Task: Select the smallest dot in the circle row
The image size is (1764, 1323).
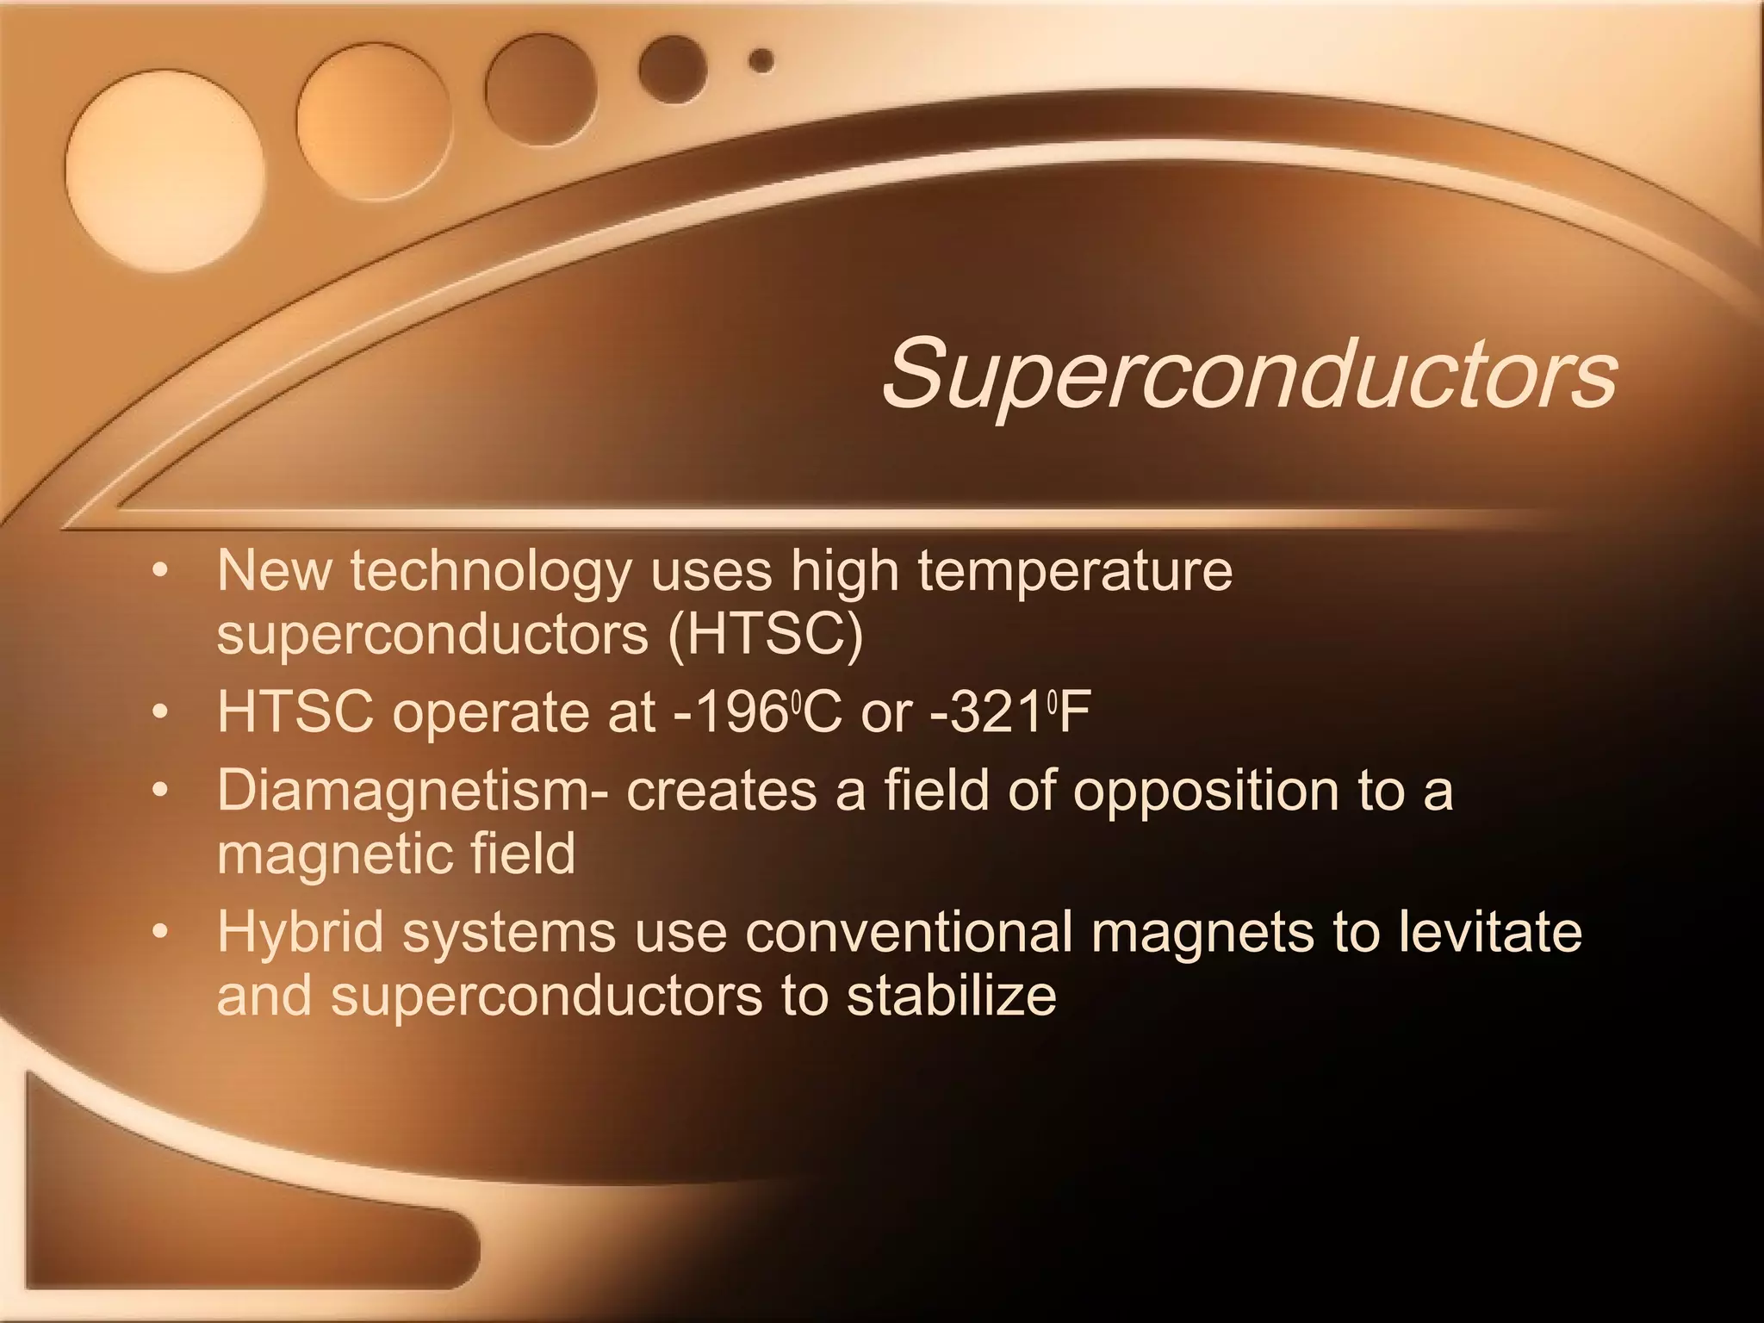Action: (761, 60)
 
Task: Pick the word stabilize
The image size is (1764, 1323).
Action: (951, 996)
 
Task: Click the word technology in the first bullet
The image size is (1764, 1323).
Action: (491, 572)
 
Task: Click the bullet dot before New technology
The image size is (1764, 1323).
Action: (158, 571)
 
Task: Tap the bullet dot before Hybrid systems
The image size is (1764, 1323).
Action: (158, 933)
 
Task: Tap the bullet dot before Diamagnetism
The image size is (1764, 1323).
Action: (158, 791)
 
